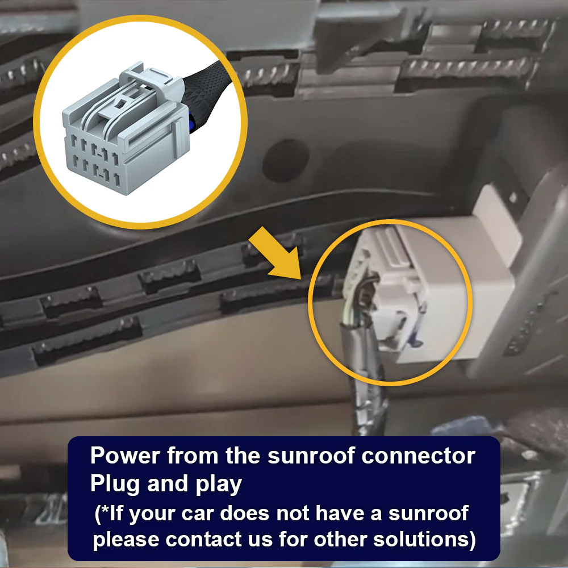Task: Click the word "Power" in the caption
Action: tap(125, 455)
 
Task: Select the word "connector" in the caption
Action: tap(419, 456)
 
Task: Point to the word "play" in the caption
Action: tap(219, 485)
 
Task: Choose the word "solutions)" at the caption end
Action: tap(424, 540)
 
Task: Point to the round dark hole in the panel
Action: tap(286, 160)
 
